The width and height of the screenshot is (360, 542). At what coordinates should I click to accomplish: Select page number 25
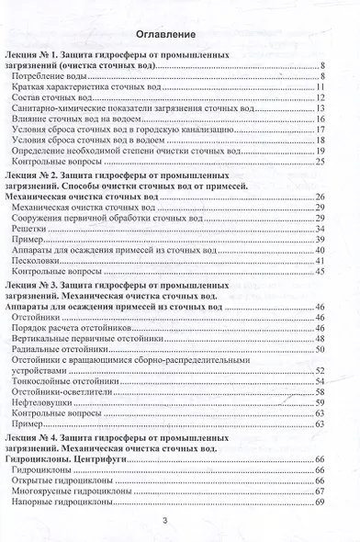[321, 162]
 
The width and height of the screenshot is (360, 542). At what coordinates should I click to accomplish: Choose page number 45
[321, 273]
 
